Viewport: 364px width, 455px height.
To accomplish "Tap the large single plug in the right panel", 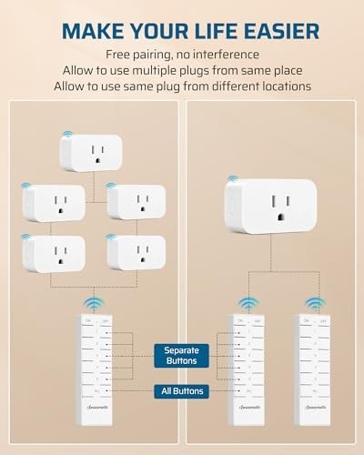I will pos(269,205).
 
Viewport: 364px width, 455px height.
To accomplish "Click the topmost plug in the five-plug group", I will pos(95,152).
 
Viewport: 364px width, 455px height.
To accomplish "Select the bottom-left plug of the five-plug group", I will pos(54,252).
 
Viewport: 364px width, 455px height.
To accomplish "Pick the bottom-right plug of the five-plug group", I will pos(136,252).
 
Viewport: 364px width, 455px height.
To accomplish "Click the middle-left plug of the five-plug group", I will pos(54,202).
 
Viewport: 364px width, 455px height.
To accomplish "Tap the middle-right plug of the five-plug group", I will pos(136,202).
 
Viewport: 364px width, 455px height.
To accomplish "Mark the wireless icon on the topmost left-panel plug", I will pos(67,136).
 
